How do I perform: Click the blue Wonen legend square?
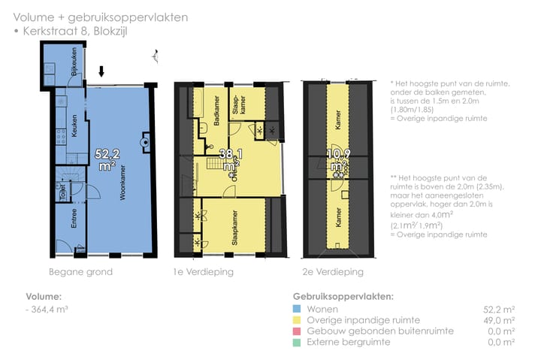[x=297, y=309]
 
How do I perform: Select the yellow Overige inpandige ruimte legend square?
[x=297, y=319]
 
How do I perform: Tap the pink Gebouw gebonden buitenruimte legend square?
[x=297, y=331]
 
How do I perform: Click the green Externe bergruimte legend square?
[x=297, y=342]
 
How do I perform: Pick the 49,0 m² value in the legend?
[x=498, y=320]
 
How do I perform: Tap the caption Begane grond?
[x=80, y=272]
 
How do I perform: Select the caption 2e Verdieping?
[x=334, y=272]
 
